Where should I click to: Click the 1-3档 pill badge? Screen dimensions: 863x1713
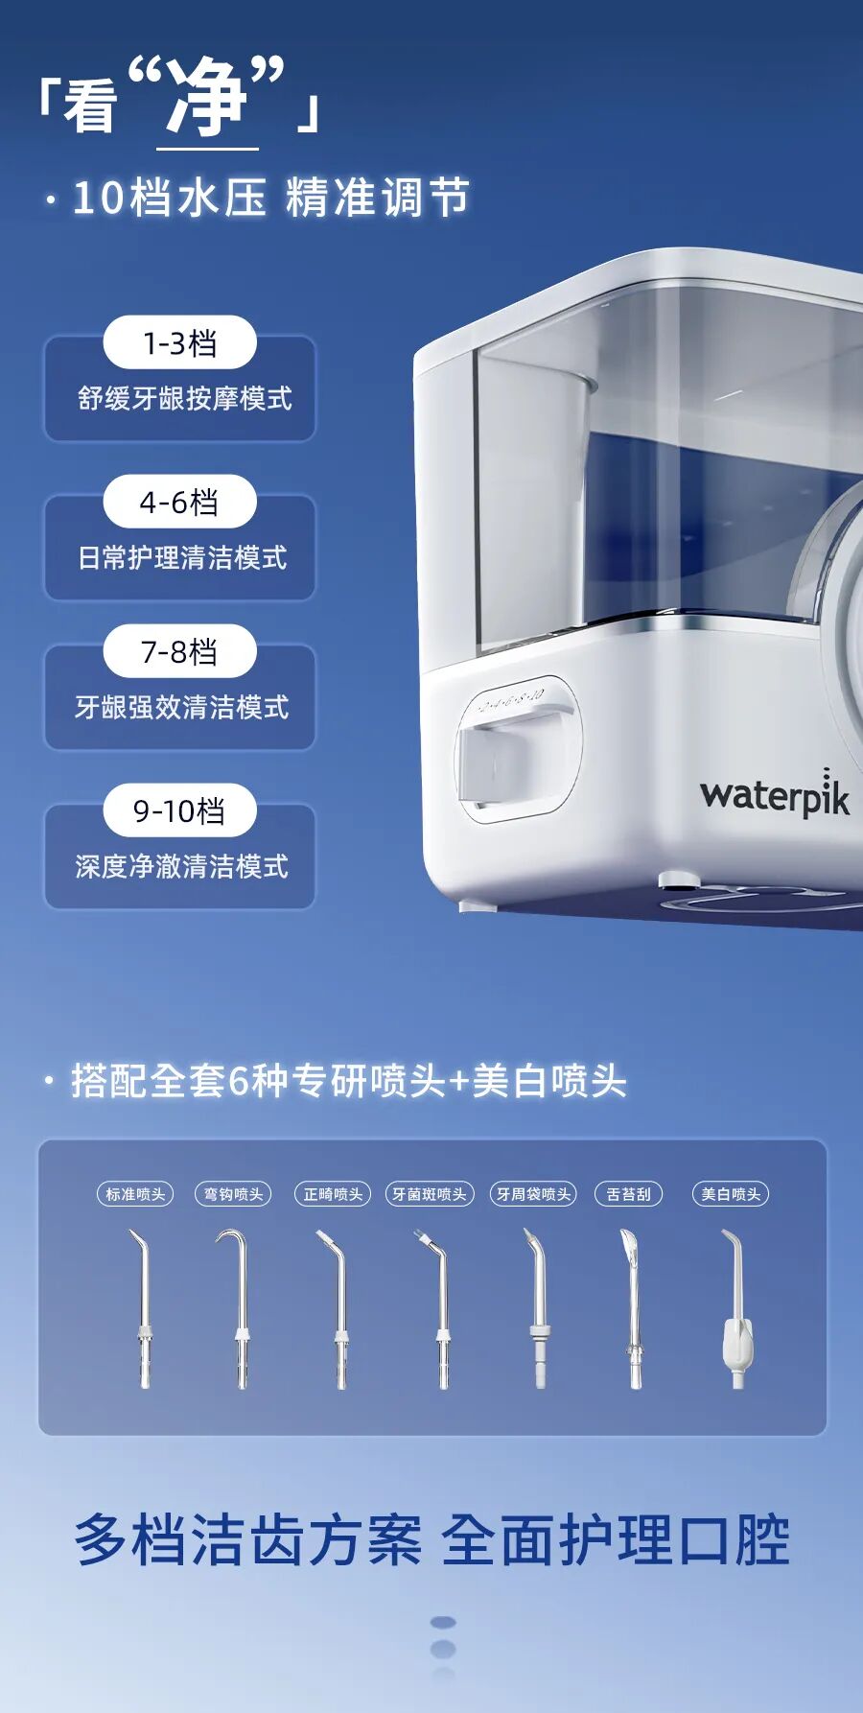tap(179, 342)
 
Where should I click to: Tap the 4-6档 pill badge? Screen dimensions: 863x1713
tap(179, 502)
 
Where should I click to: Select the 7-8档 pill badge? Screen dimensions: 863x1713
tap(179, 651)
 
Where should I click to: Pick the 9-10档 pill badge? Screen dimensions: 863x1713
tap(179, 810)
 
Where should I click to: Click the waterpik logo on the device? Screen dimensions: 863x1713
tap(775, 793)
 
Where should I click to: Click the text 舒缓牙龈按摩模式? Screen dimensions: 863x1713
tap(184, 399)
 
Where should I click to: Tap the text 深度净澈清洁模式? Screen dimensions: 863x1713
tap(182, 867)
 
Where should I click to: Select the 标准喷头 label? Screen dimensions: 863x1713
tap(135, 1194)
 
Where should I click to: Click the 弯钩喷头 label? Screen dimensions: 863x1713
tap(233, 1194)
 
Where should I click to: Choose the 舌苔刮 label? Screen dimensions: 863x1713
tap(629, 1194)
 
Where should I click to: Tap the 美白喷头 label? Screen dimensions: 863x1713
tap(731, 1194)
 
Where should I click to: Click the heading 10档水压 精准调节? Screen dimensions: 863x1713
tap(271, 198)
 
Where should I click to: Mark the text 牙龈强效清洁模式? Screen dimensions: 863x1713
tap(182, 708)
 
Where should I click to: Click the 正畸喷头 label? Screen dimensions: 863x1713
tap(333, 1194)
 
